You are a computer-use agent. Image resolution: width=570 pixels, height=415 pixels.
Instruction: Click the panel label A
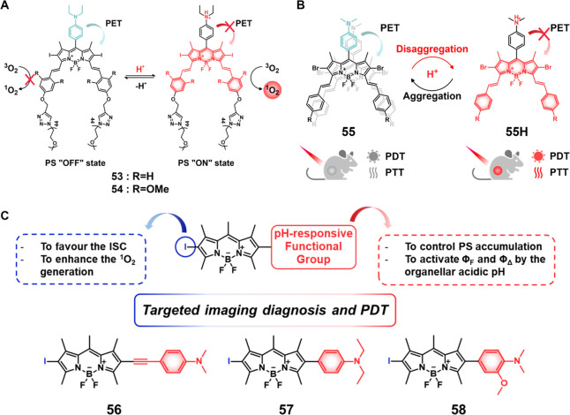coord(7,7)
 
